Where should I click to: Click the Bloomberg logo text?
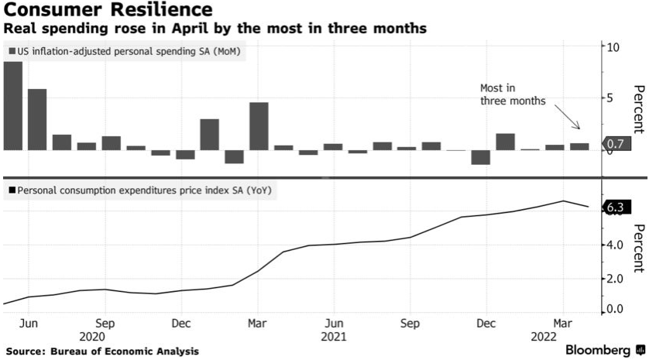(x=599, y=350)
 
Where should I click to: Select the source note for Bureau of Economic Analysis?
(x=101, y=351)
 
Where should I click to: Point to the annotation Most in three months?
(x=514, y=95)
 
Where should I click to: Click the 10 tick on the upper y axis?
(x=614, y=47)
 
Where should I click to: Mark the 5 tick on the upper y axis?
(x=612, y=98)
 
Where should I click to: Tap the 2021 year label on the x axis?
(x=334, y=337)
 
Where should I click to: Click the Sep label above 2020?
(x=105, y=323)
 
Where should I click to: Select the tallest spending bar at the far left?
(x=13, y=105)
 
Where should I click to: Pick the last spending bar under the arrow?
(x=579, y=146)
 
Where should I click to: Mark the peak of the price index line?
(x=563, y=201)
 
